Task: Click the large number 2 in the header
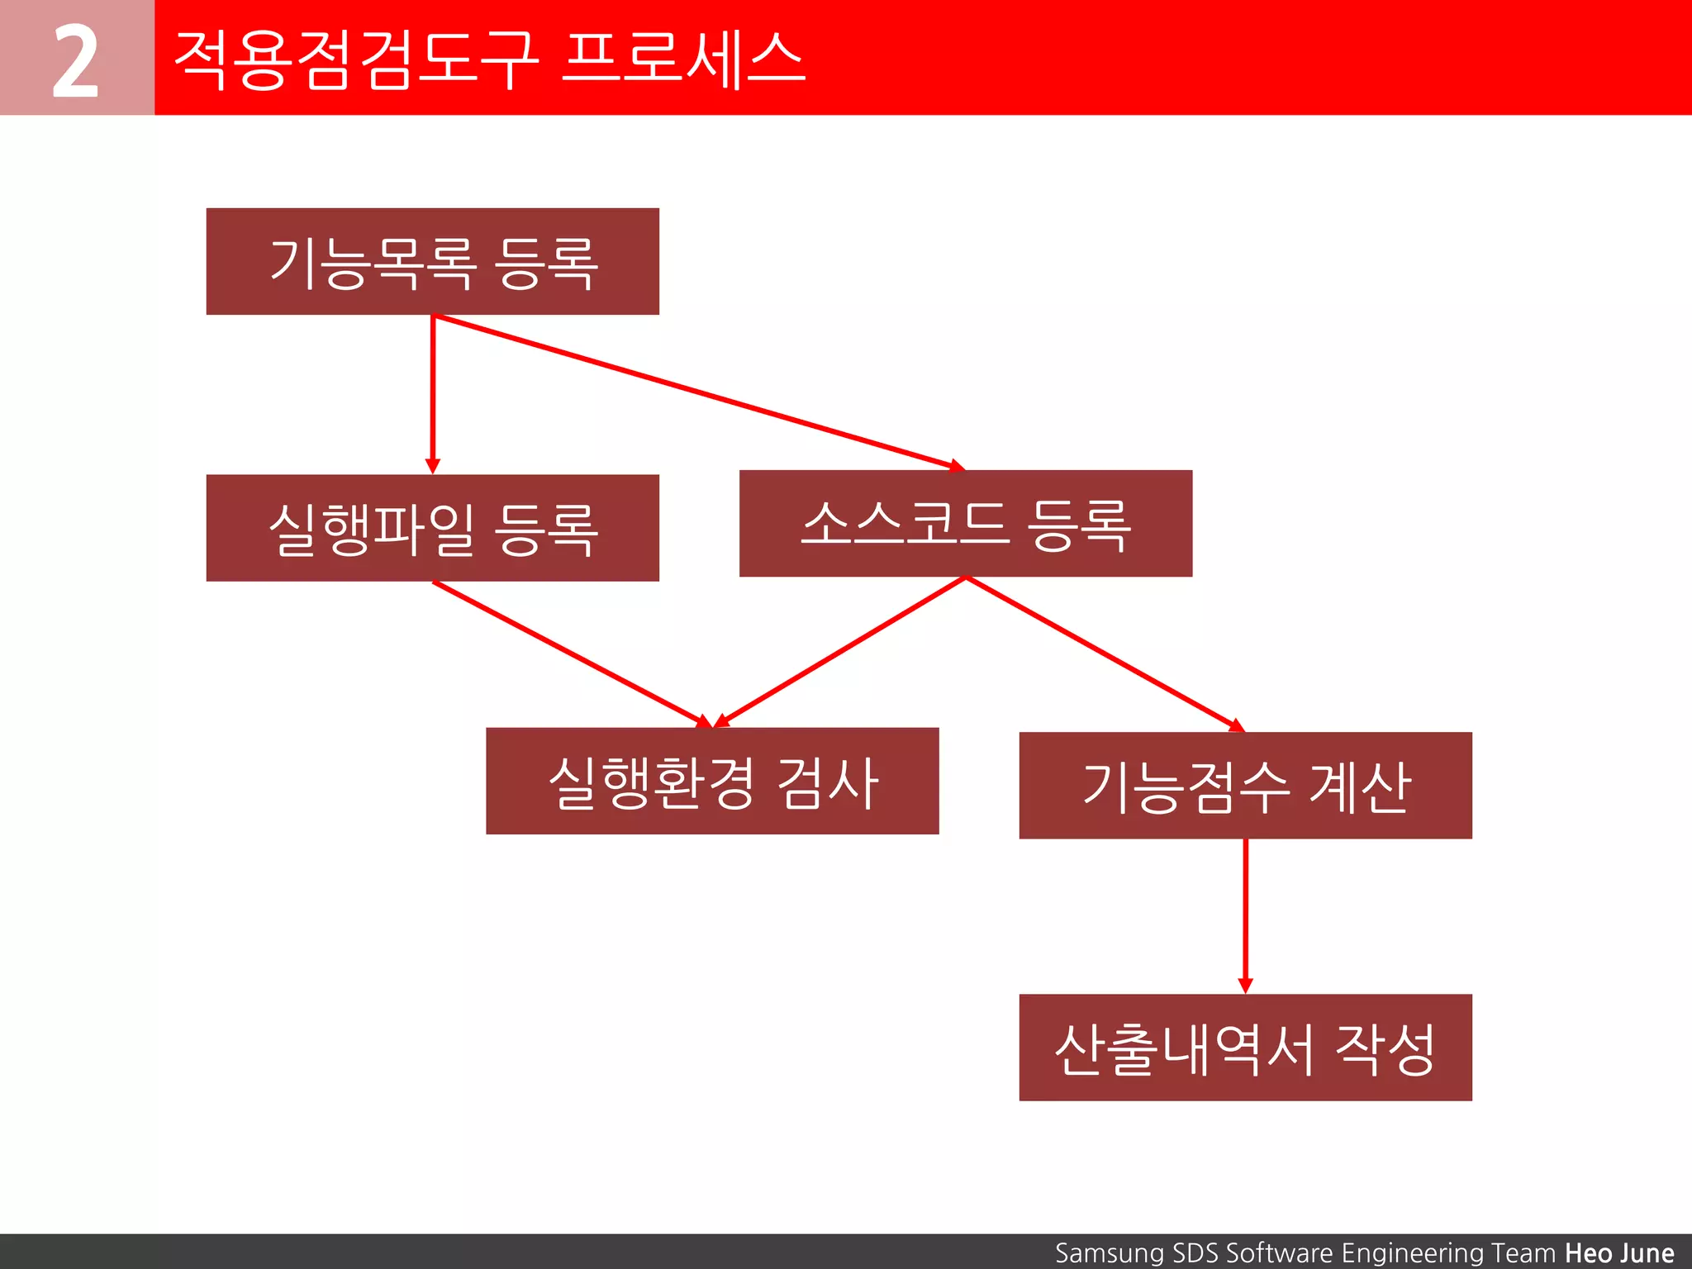point(75,60)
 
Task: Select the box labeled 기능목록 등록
point(432,261)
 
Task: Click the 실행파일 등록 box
point(432,528)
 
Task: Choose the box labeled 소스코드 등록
point(965,524)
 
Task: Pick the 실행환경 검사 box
point(712,782)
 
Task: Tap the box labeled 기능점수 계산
point(1245,786)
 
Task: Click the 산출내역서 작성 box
point(1245,1048)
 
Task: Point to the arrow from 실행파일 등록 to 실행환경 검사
point(570,654)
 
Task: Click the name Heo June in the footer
point(1618,1253)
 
